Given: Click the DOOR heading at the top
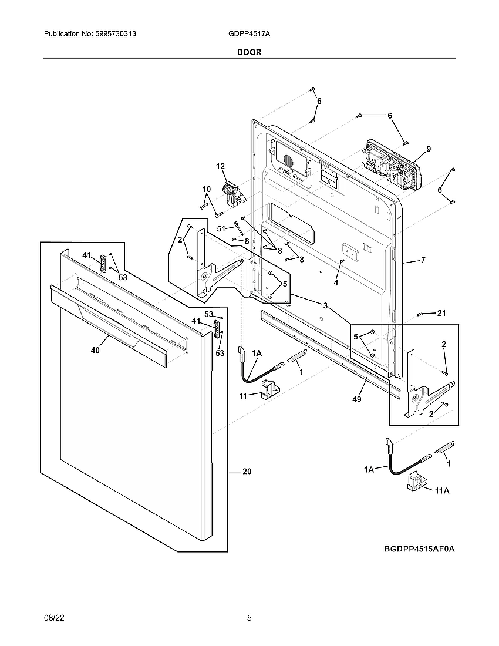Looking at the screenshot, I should point(249,52).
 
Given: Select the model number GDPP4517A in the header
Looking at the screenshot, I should point(249,35).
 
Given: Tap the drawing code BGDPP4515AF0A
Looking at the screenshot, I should point(420,549).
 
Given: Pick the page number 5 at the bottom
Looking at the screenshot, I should point(249,618).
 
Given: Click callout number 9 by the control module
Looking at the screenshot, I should point(429,149).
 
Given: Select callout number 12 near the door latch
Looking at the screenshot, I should point(220,167).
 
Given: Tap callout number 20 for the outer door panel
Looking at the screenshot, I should point(247,472).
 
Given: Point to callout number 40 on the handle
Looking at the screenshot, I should point(95,350).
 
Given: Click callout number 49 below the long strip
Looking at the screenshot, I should point(357,399).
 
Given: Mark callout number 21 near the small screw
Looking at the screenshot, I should point(441,313).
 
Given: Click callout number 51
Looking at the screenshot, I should point(221,228).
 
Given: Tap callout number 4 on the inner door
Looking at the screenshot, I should point(336,282).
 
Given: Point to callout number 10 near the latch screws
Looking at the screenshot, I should point(206,189).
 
